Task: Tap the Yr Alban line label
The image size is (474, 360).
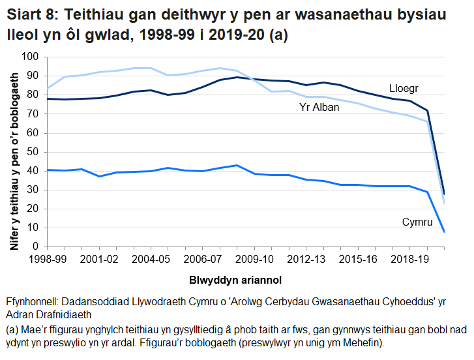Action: click(319, 108)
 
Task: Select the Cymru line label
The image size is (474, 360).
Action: click(417, 222)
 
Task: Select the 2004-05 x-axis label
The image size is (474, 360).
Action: click(151, 260)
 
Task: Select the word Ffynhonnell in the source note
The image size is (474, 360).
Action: click(33, 303)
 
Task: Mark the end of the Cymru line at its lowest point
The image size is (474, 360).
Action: click(443, 232)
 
